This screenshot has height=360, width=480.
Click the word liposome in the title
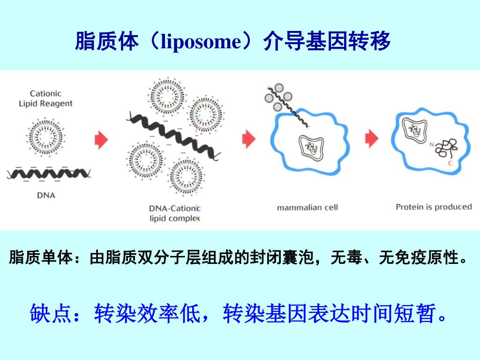pyautogui.click(x=200, y=42)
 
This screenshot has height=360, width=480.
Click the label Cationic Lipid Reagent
pyautogui.click(x=46, y=98)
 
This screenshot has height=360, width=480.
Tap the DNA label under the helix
pyautogui.click(x=46, y=195)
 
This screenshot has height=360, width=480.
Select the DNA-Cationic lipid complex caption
pyautogui.click(x=174, y=213)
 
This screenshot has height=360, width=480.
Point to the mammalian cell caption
pyautogui.click(x=307, y=207)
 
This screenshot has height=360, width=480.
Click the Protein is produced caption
pyautogui.click(x=434, y=207)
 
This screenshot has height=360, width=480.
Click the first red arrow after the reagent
pyautogui.click(x=101, y=140)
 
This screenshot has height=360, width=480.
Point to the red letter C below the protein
pyautogui.click(x=450, y=164)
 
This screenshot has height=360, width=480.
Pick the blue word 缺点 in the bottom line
pyautogui.click(x=51, y=313)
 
